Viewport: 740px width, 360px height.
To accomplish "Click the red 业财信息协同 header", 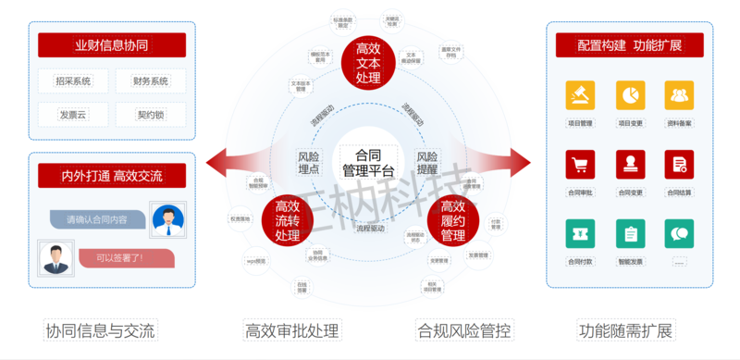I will [112, 45].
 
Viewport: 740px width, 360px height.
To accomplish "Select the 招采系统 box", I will [73, 81].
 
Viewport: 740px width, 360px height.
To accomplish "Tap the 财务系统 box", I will [151, 81].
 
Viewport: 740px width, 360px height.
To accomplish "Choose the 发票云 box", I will [73, 116].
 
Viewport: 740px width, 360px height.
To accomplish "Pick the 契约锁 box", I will [151, 116].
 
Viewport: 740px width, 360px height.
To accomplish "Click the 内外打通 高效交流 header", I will [112, 176].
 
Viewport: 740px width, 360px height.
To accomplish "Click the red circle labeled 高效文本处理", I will [367, 63].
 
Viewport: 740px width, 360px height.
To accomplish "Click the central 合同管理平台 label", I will [368, 162].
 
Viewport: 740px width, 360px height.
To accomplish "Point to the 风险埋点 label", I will [309, 162].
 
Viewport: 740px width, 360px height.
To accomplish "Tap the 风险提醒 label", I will [427, 162].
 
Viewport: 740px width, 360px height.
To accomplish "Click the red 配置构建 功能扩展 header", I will [630, 45].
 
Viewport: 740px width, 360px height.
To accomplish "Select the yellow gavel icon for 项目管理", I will [580, 95].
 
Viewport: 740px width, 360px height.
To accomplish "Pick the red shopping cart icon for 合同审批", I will [580, 165].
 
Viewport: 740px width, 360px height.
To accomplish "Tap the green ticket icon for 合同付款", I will [580, 235].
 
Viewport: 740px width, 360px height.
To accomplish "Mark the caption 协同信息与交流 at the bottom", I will [100, 330].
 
